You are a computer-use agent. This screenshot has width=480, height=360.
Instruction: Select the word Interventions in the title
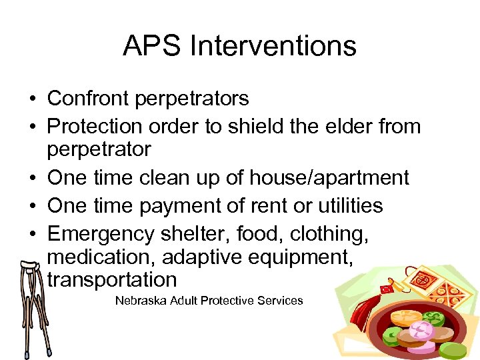click(273, 46)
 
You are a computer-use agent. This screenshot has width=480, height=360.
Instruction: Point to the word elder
click(347, 125)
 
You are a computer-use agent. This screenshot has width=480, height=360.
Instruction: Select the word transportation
click(112, 279)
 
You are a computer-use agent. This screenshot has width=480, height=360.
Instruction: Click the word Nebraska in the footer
click(141, 301)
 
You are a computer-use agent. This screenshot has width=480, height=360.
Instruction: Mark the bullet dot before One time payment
click(31, 206)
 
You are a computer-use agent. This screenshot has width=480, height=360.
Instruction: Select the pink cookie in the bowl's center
click(421, 329)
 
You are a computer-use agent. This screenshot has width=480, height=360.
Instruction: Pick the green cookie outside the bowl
click(453, 350)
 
